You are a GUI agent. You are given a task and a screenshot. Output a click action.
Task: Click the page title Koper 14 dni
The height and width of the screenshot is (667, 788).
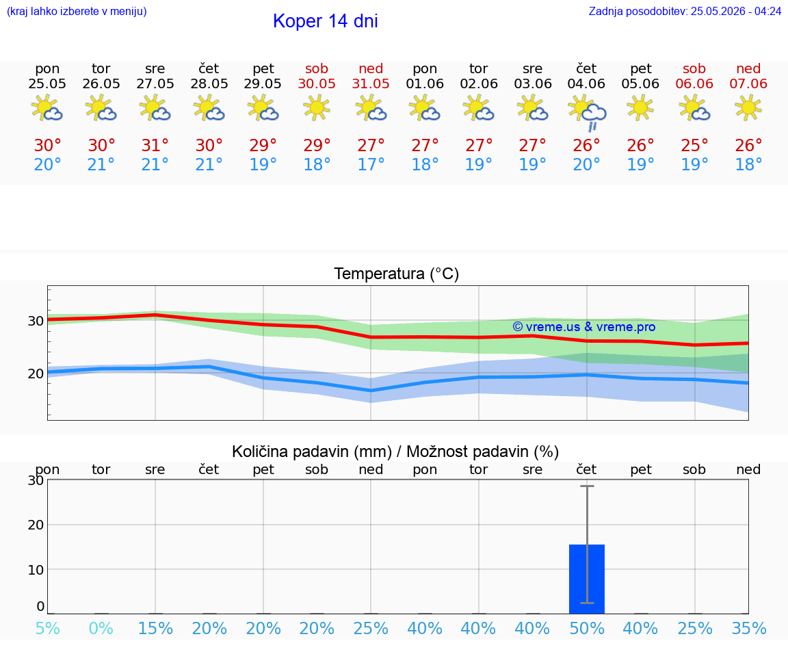click(x=325, y=21)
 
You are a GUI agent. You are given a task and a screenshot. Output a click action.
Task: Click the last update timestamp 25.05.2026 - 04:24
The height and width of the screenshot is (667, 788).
click(x=736, y=11)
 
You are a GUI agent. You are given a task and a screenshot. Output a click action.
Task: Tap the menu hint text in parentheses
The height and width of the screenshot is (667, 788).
click(x=77, y=11)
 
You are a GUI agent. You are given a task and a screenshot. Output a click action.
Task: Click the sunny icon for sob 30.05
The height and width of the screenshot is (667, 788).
click(x=317, y=107)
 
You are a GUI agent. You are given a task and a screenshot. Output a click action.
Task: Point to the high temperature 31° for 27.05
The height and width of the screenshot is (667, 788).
click(x=155, y=145)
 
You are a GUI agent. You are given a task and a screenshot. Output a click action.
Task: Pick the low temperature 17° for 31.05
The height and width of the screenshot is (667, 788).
click(x=371, y=164)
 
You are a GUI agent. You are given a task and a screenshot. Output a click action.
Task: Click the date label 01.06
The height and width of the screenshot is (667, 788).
click(x=425, y=83)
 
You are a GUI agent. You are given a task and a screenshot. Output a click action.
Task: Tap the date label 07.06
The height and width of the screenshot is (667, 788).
click(x=748, y=83)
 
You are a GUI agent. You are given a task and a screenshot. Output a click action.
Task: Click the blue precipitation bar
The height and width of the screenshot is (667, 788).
click(x=586, y=579)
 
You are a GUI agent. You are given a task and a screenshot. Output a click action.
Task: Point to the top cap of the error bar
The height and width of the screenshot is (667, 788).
click(x=587, y=486)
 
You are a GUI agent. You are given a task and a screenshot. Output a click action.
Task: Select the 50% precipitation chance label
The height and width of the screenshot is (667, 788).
click(x=586, y=628)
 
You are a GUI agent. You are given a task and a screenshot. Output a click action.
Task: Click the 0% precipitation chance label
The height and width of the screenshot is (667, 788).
click(x=101, y=628)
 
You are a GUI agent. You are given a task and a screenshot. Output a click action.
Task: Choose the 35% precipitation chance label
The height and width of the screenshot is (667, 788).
click(x=749, y=628)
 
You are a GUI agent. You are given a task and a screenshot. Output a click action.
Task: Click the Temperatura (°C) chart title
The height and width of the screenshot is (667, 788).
click(x=397, y=274)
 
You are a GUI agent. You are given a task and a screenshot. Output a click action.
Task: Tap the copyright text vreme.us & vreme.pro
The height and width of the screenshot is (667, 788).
click(x=584, y=327)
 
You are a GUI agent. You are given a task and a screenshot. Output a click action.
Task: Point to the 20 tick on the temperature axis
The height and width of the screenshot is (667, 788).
click(x=36, y=374)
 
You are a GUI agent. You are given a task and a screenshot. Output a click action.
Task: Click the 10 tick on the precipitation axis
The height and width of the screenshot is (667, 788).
click(x=36, y=570)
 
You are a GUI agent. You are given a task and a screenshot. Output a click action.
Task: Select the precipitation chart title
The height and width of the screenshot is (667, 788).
click(x=395, y=452)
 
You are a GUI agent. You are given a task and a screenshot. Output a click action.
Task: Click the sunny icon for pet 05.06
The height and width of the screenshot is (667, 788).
click(x=640, y=107)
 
